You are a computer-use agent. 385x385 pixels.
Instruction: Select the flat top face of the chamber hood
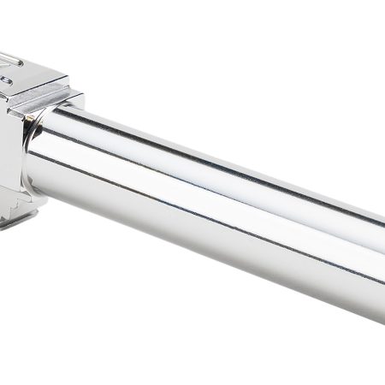pos(30,68)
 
